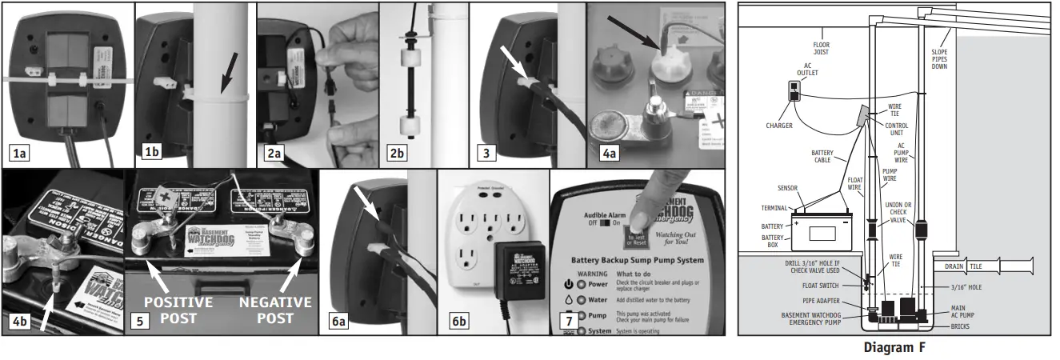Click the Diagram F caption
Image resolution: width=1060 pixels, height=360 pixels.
pos(894,347)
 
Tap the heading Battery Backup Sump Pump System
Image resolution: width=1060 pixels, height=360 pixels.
pos(637,260)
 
